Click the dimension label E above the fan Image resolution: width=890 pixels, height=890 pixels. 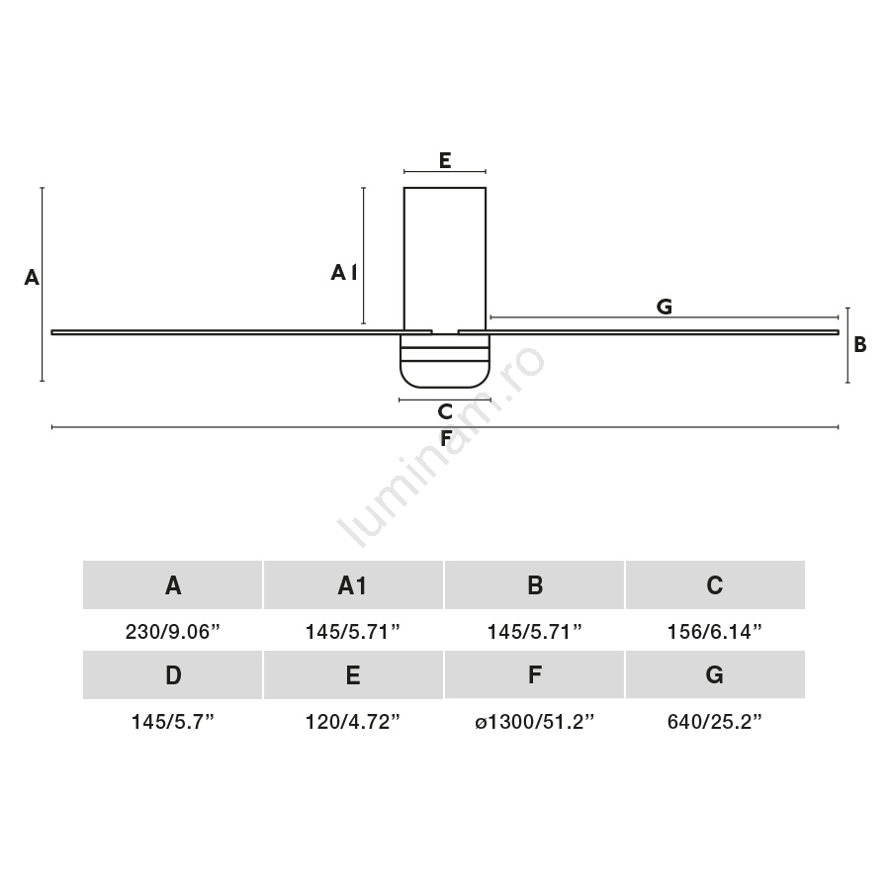pyautogui.click(x=445, y=160)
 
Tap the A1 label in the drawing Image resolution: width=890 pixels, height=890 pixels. pyautogui.click(x=344, y=273)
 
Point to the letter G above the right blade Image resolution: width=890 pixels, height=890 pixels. pyautogui.click(x=665, y=307)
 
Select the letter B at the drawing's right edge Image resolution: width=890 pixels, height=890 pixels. pyautogui.click(x=860, y=344)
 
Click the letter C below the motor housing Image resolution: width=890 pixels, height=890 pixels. pyautogui.click(x=445, y=411)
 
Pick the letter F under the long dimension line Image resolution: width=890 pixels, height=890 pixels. pyautogui.click(x=446, y=438)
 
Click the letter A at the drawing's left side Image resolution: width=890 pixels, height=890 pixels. pyautogui.click(x=32, y=278)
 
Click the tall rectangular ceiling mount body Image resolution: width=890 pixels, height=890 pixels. pyautogui.click(x=445, y=259)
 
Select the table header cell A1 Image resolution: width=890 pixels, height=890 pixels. pyautogui.click(x=353, y=585)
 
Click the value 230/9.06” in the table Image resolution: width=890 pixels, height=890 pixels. pyautogui.click(x=172, y=632)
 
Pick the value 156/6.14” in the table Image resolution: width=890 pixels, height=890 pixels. pyautogui.click(x=715, y=632)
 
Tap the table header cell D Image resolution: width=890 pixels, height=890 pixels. pyautogui.click(x=172, y=674)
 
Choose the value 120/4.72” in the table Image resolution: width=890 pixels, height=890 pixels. pyautogui.click(x=353, y=722)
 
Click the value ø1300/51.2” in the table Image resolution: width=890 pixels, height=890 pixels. pyautogui.click(x=534, y=722)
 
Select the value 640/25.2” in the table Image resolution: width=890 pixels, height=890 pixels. pyautogui.click(x=715, y=722)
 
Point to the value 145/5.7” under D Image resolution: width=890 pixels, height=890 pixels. pyautogui.click(x=172, y=722)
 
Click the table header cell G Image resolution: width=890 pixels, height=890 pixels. pyautogui.click(x=715, y=674)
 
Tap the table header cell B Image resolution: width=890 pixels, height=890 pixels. pyautogui.click(x=534, y=585)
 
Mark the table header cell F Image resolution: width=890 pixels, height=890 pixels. pyautogui.click(x=534, y=674)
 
